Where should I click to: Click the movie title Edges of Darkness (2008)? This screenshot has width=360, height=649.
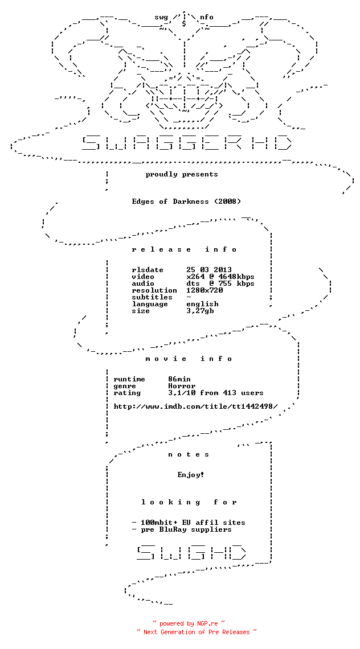(186, 202)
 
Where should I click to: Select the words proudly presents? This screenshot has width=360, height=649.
(182, 174)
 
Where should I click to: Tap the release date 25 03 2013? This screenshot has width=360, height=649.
(209, 270)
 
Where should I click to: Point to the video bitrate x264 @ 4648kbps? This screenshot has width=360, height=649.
(220, 277)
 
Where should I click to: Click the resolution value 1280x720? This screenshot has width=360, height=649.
(204, 290)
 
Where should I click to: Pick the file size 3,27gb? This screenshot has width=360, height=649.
(200, 311)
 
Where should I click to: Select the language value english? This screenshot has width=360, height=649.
(202, 304)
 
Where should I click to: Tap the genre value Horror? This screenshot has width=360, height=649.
(182, 386)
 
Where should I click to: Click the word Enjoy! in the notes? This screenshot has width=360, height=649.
(191, 475)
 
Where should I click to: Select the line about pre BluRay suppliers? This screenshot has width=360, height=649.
(182, 529)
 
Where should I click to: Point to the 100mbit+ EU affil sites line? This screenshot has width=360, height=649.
(189, 523)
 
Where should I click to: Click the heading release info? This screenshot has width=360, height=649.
(185, 249)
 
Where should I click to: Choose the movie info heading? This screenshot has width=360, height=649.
(189, 359)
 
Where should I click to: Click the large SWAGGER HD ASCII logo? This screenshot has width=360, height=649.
(186, 142)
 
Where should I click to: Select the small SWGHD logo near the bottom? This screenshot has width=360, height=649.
(191, 552)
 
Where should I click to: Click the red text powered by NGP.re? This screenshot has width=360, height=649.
(189, 623)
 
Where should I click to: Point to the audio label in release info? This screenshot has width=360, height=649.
(143, 284)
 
